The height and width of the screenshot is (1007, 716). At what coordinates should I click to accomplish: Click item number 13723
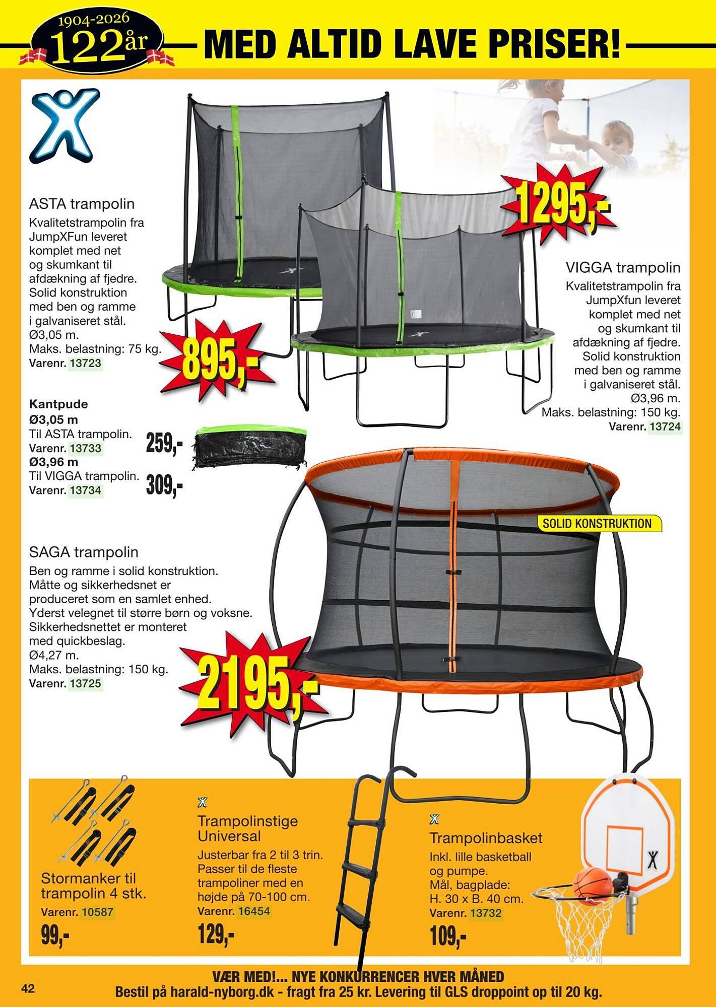click(x=85, y=363)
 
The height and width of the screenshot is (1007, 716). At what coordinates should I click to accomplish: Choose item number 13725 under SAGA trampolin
click(x=85, y=684)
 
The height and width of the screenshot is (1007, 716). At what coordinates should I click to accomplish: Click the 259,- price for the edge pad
click(x=164, y=444)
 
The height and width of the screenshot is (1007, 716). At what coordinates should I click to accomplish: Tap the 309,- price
click(x=164, y=486)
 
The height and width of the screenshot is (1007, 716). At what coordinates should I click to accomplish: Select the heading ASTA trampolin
click(x=82, y=204)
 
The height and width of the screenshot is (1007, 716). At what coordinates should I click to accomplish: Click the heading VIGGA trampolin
click(x=623, y=267)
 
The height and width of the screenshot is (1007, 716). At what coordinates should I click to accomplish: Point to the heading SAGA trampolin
click(x=84, y=552)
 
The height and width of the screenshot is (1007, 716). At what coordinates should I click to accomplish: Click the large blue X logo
click(x=65, y=125)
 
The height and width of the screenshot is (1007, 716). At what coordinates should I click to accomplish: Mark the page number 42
click(x=28, y=989)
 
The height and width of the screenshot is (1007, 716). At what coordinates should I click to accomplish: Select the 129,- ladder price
click(x=216, y=934)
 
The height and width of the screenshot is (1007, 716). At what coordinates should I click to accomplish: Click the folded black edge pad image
click(x=250, y=447)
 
